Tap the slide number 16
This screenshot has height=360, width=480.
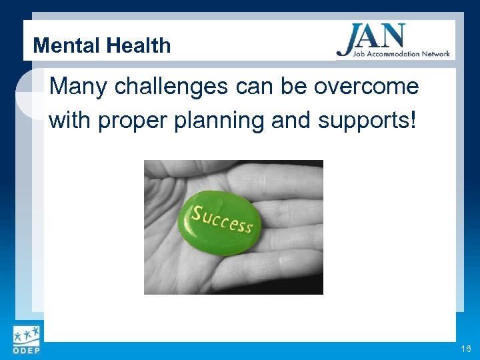click(465, 349)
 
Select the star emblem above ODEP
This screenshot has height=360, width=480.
click(25, 334)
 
